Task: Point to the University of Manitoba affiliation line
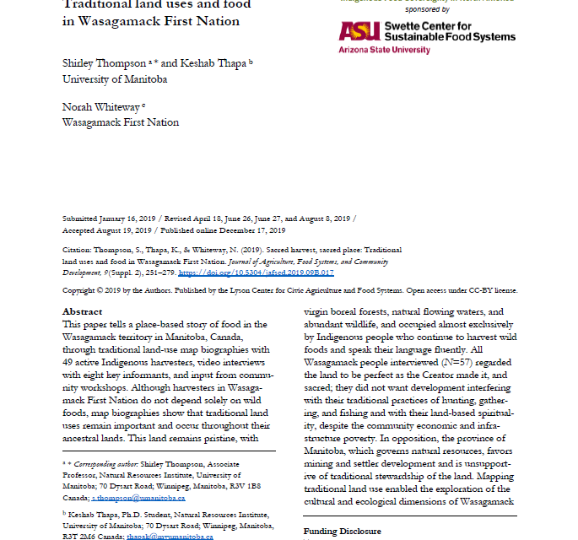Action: click(x=115, y=79)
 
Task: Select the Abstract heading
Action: click(x=83, y=311)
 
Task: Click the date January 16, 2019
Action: click(x=127, y=218)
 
